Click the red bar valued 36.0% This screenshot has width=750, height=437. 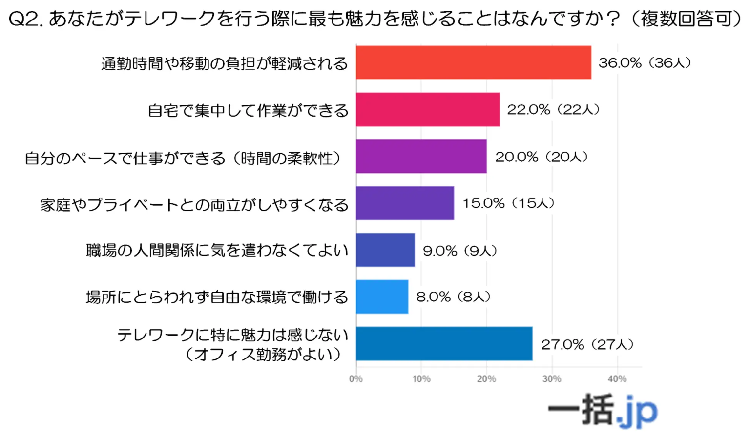coord(473,62)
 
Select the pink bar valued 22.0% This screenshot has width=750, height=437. coord(428,109)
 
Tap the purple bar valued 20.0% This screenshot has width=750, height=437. coord(421,156)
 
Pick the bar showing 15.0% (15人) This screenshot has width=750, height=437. coord(405,203)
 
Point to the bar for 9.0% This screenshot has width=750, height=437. coord(385,250)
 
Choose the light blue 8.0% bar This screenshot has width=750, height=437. coord(382,297)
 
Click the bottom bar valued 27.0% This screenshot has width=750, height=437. coord(444,343)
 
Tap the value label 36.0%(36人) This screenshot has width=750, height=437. coord(645,63)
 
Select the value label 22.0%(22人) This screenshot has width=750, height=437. coord(553,109)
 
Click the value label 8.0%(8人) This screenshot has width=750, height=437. coord(453,297)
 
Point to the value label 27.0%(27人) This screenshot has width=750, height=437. coord(587,344)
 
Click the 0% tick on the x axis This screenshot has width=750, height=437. coord(356,379)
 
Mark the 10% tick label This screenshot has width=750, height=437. coord(421,379)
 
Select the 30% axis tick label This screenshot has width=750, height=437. coord(552,379)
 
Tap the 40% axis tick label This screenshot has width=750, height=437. coord(617,379)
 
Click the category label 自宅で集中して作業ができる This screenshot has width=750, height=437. coord(248,110)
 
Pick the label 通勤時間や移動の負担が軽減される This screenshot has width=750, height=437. coord(225,63)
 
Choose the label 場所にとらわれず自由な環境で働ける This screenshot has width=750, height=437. coord(217,297)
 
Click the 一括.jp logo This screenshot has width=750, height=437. coord(603,410)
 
